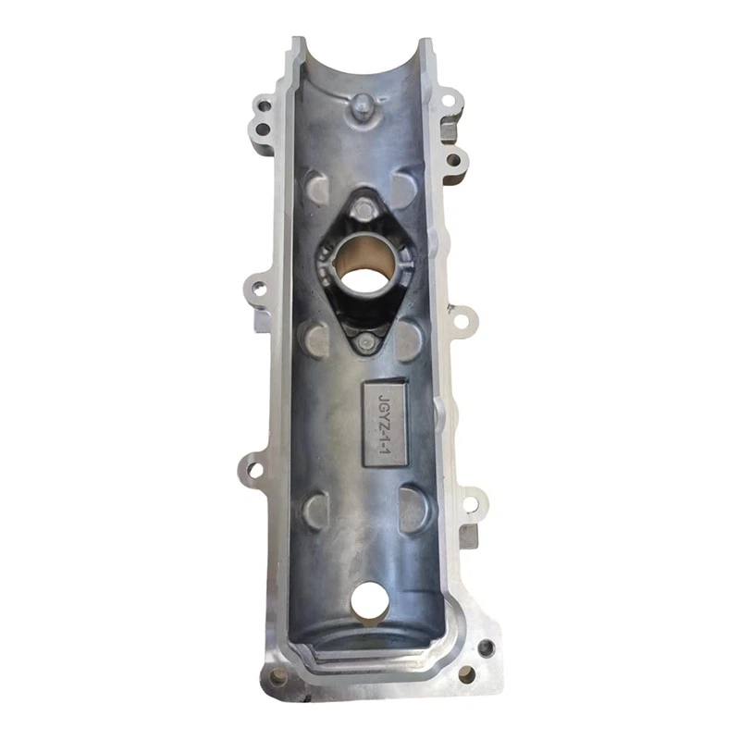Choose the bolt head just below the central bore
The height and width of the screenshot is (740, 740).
point(368,342)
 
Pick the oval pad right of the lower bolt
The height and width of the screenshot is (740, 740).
point(413,338)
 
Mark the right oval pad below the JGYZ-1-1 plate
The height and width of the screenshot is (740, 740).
point(413,507)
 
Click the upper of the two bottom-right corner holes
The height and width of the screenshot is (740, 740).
point(483,644)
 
